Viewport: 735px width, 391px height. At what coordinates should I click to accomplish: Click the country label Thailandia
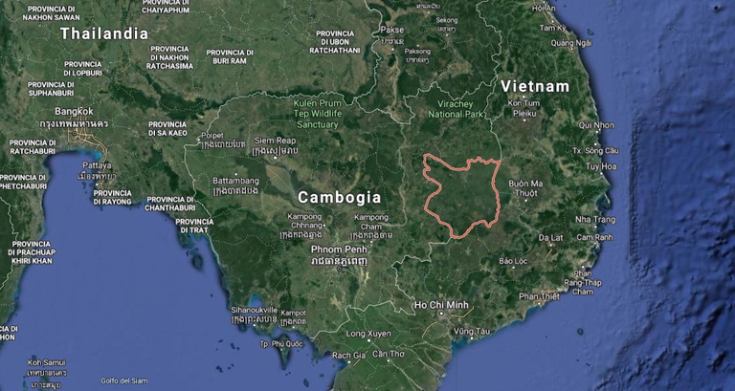pos(104,33)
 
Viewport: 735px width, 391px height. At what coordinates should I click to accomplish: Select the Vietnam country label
pos(535,86)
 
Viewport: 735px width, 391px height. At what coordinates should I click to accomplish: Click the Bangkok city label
pos(74,111)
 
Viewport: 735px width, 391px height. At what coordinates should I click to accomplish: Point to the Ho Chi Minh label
pos(441,305)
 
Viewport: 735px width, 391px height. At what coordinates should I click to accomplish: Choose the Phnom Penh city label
pos(338,249)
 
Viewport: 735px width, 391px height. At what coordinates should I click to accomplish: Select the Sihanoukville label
pos(255,310)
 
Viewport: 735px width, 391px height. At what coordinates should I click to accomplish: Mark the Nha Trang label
pos(595,219)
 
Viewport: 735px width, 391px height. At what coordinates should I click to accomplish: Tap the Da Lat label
pos(550,237)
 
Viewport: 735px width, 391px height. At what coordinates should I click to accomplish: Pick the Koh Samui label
pos(45,362)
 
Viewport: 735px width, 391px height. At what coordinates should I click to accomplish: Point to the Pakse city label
pos(392,29)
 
